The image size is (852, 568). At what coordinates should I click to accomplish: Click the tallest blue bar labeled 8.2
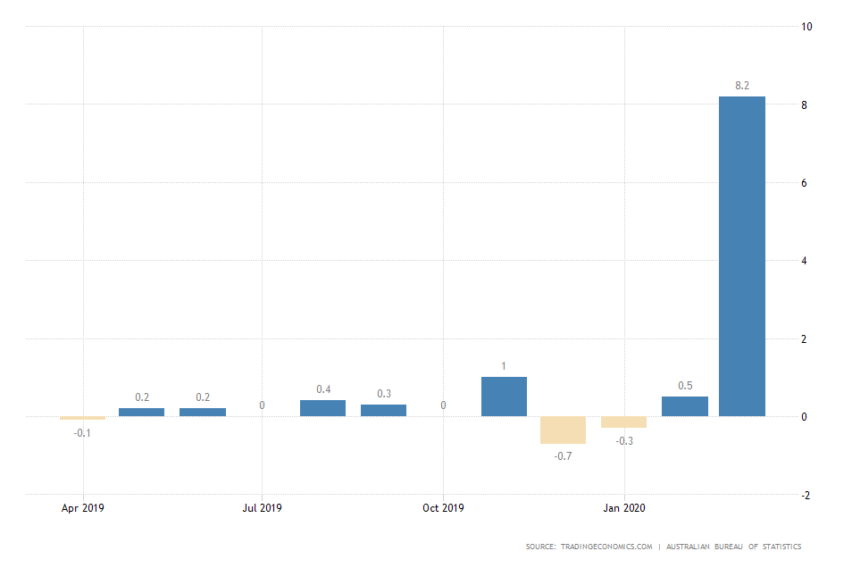pos(742,256)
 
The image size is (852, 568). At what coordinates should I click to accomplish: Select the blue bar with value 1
pos(504,397)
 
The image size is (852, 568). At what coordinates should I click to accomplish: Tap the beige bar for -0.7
pos(563,430)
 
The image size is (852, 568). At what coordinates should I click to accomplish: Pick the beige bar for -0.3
pos(623,422)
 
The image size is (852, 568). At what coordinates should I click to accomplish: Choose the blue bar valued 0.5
pos(684,406)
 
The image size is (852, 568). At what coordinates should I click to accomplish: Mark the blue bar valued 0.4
pos(322,408)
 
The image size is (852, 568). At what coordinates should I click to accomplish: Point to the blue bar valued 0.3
pos(383,410)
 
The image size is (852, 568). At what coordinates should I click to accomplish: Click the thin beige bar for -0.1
pos(83,418)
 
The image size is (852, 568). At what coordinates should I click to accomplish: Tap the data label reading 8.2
pos(742,86)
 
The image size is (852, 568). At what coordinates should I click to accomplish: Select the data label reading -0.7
pos(563,455)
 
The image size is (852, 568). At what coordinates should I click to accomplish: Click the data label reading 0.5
pos(684,386)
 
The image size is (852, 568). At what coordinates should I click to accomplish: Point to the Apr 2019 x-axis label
pos(83,508)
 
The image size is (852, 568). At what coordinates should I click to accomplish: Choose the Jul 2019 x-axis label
pos(263,508)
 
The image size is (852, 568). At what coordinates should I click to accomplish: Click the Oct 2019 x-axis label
pos(443,508)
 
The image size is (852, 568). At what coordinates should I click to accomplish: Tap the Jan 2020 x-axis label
pos(624,508)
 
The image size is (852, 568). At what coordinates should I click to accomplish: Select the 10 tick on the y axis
pos(806,27)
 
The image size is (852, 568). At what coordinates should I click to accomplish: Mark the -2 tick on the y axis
pos(806,495)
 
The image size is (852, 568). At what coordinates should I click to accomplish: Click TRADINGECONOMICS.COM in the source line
pos(606,547)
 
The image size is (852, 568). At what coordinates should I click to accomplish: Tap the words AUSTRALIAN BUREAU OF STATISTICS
pos(733,547)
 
